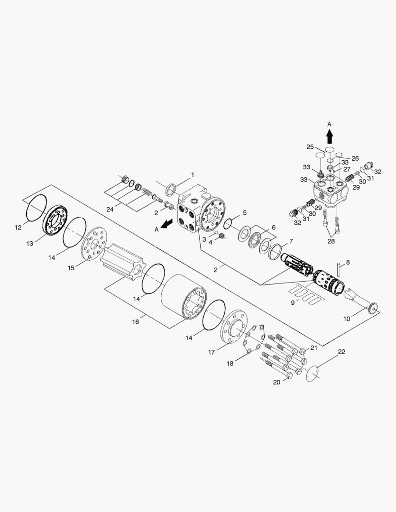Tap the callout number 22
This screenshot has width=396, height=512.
click(341, 352)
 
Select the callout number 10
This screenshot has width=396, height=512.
click(347, 319)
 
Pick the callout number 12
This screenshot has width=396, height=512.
click(18, 227)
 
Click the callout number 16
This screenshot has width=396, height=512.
click(136, 321)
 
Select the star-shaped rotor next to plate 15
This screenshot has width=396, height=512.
click(122, 264)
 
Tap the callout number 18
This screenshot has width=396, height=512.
click(230, 363)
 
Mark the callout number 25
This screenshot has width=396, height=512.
click(310, 147)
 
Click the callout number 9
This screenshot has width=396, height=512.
click(293, 302)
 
